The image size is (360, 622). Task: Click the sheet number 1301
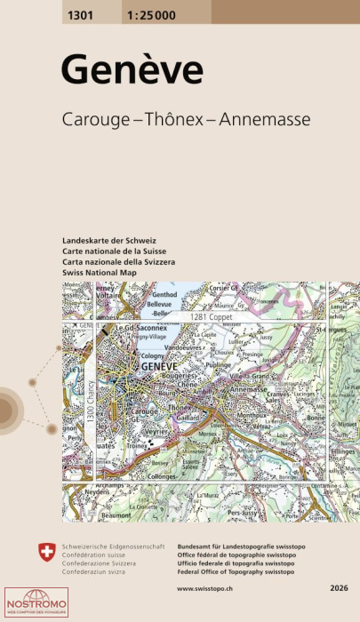77,12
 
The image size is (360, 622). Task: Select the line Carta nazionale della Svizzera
119,262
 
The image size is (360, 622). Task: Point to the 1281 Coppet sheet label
209,316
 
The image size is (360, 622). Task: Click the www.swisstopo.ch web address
205,588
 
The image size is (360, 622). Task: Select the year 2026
338,588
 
